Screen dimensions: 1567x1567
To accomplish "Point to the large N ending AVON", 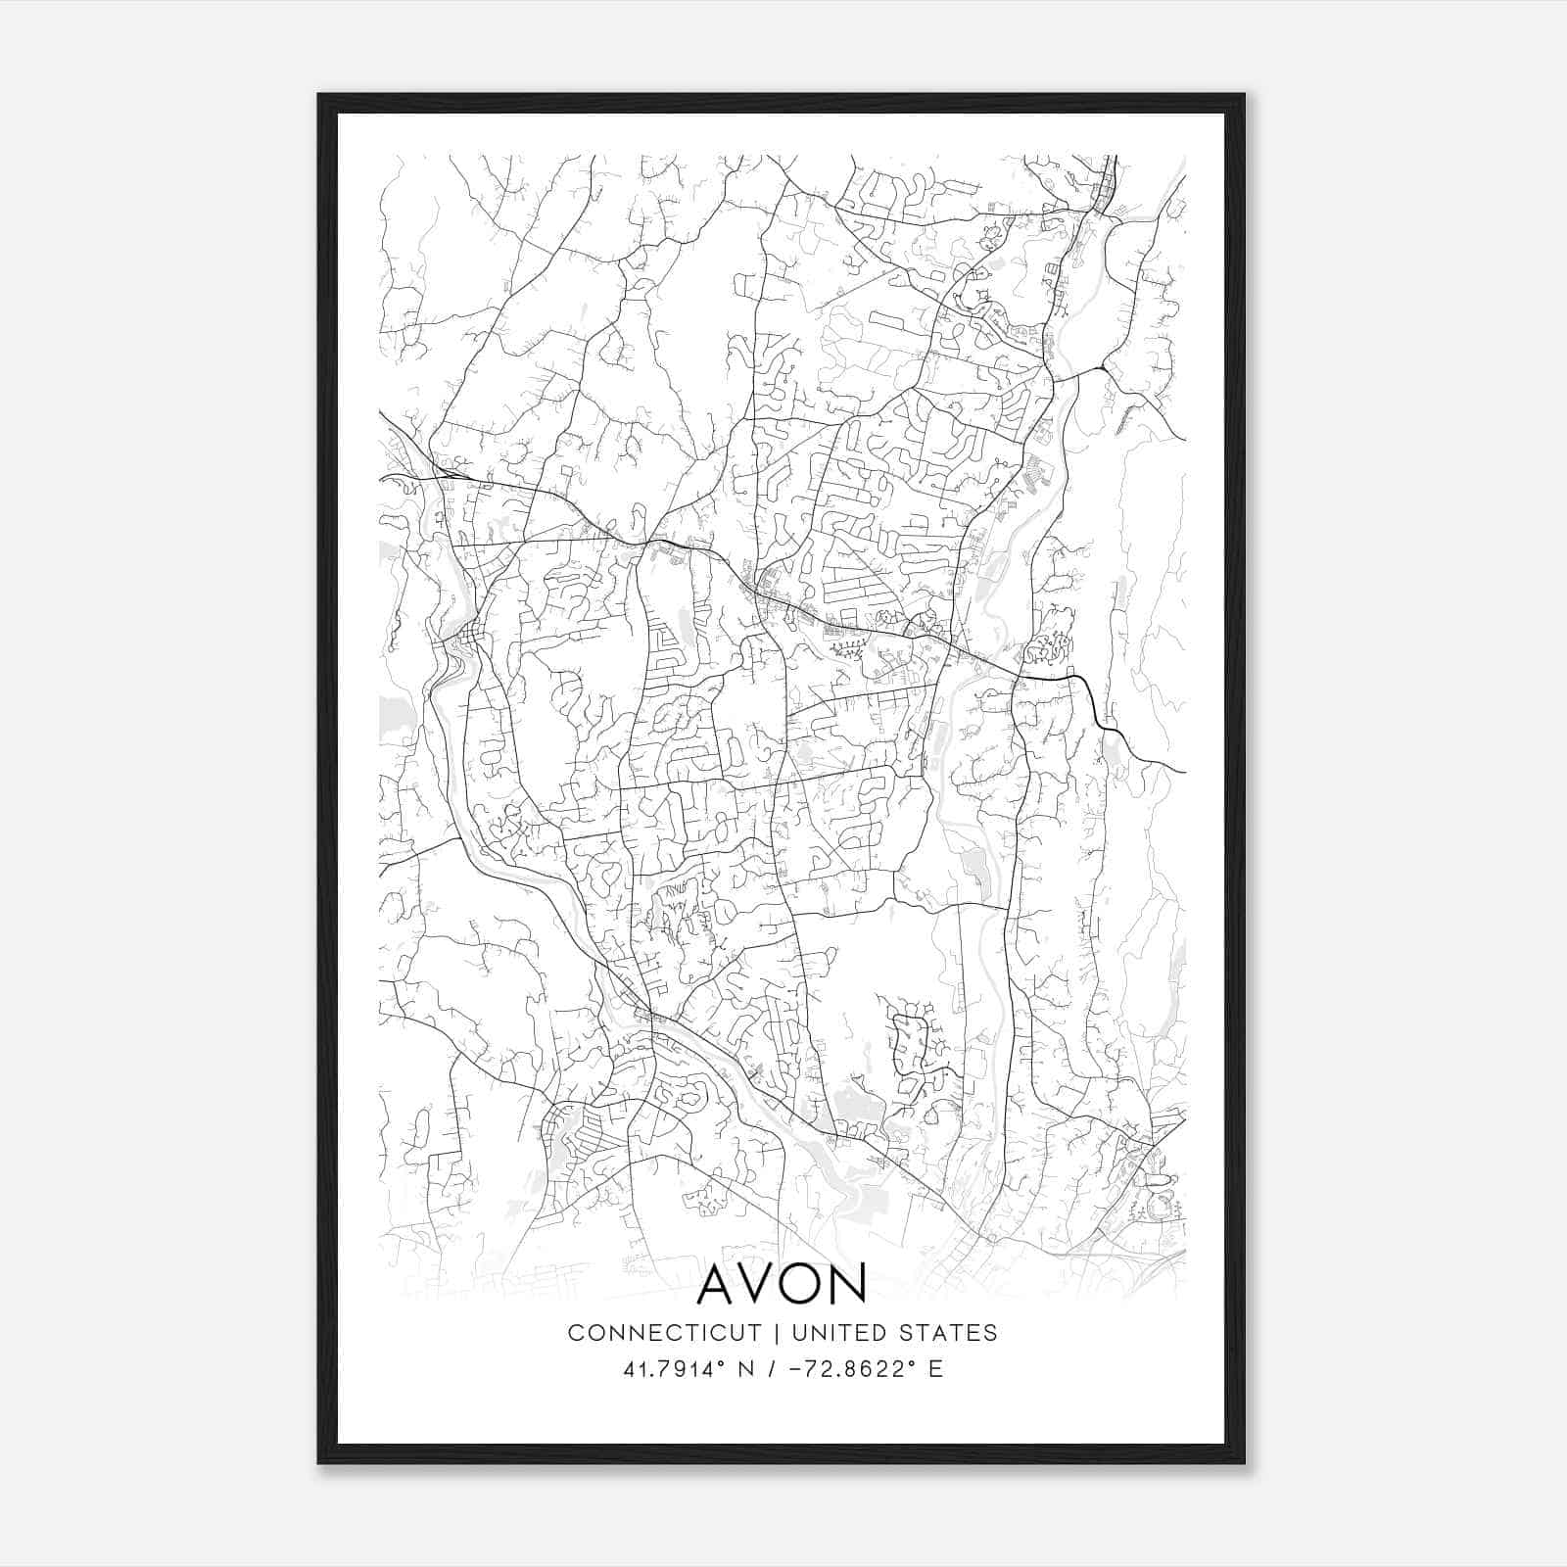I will [x=848, y=1284].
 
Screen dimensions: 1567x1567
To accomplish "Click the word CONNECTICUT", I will [x=664, y=1333].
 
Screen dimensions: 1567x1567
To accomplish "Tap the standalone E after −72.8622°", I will [x=936, y=1369].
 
